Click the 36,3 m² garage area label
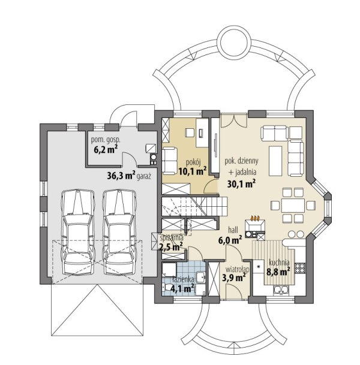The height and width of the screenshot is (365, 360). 121,175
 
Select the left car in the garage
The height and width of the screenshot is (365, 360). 78,233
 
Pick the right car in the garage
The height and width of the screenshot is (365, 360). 119,233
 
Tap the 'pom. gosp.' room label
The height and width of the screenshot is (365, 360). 106,140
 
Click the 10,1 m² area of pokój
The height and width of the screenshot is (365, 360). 193,171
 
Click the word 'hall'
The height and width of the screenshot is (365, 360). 233,230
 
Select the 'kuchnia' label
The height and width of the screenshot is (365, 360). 279,263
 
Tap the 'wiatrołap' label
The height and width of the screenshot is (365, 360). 238,270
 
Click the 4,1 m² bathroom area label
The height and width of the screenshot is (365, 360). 182,289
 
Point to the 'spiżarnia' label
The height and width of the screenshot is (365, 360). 172,238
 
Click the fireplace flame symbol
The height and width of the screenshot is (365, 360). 255,218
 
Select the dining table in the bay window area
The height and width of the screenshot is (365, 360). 293,206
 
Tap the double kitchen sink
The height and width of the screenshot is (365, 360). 281,290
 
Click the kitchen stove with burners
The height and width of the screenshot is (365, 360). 300,268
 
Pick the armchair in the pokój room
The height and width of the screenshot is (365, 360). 169,161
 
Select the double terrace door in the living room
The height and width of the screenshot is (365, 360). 234,120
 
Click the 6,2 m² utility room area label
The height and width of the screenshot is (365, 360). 106,149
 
